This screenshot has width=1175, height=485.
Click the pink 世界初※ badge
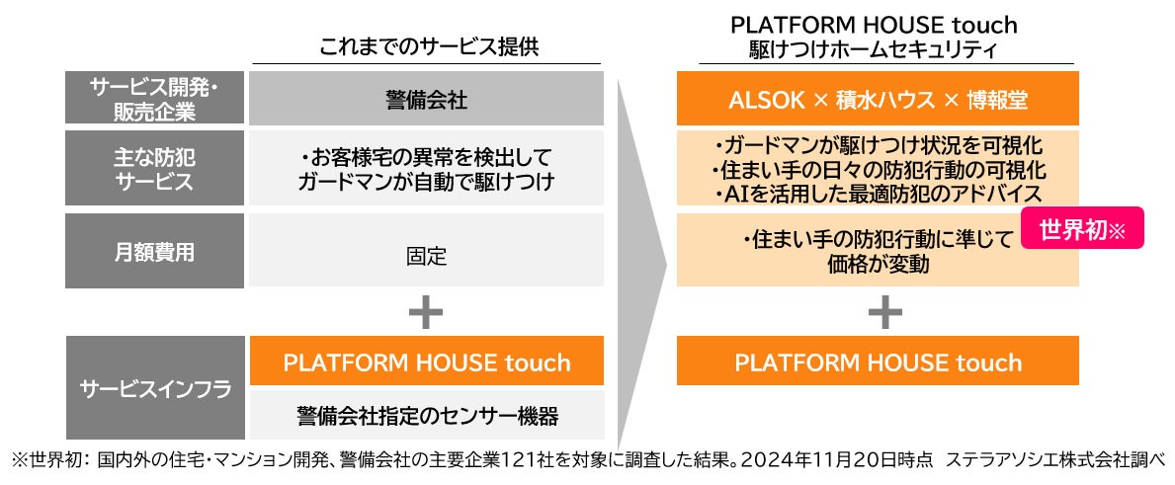pos(1081,230)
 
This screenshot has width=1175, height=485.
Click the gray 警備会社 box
pos(426,99)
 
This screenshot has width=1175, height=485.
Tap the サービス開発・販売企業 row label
pos(155,99)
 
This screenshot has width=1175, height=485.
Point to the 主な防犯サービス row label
pos(155,169)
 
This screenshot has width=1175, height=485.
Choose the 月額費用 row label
pos(155,252)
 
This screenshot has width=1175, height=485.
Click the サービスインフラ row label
pos(155,388)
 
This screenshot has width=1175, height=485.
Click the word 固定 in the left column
pos(426,257)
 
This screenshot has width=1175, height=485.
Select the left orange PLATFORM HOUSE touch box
pos(426,362)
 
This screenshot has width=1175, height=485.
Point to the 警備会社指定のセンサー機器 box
pos(426,415)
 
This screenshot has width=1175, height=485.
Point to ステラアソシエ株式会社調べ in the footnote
pos(1057,459)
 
